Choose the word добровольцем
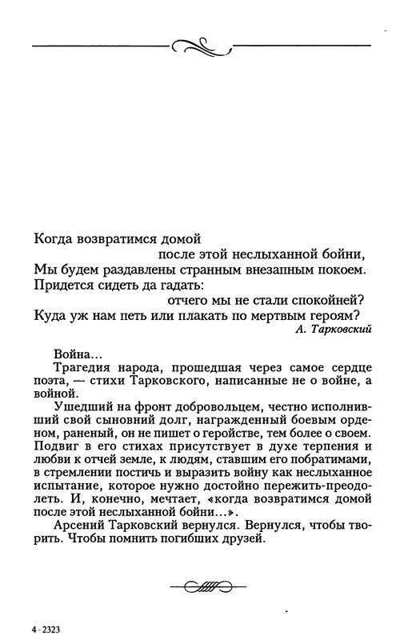[x=197, y=409]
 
